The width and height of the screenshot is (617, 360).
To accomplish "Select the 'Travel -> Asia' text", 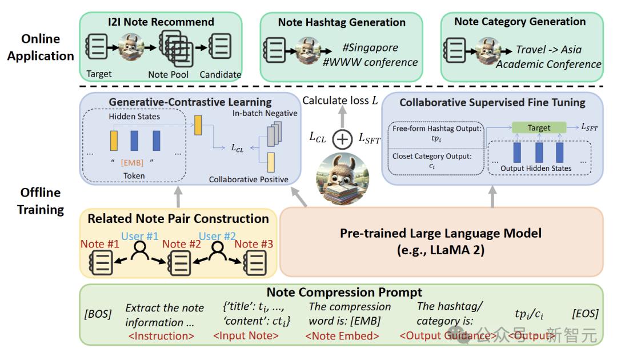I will pos(548,49).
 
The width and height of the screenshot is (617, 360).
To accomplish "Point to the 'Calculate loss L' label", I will pos(340,101).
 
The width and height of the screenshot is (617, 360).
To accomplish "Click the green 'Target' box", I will pos(538,127).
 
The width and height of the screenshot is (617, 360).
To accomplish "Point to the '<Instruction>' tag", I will pos(161,336).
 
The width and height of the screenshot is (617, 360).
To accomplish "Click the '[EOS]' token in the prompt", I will pos(584,314).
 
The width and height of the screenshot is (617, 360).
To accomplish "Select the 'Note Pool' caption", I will pos(166,74).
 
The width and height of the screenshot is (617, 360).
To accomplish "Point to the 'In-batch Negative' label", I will pos(265,113).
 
